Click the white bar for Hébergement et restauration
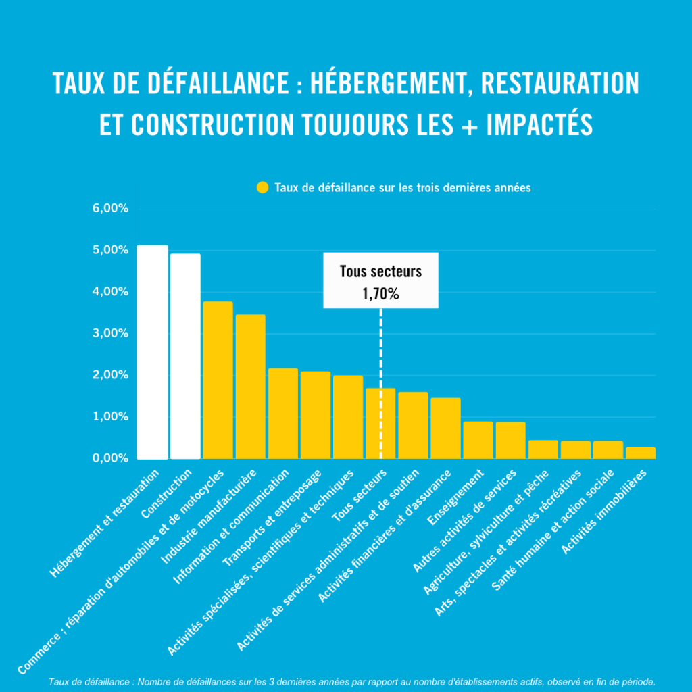pyautogui.click(x=153, y=351)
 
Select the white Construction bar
pyautogui.click(x=185, y=356)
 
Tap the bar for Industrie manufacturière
pyautogui.click(x=250, y=387)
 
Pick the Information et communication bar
pyautogui.click(x=282, y=413)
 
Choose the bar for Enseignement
pyautogui.click(x=478, y=440)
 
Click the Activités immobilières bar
pyautogui.click(x=640, y=453)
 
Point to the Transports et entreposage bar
pyautogui.click(x=315, y=415)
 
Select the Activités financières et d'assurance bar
pyautogui.click(x=445, y=428)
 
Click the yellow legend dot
pyautogui.click(x=262, y=188)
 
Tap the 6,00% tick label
pyautogui.click(x=110, y=209)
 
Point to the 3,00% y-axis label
pyautogui.click(x=110, y=333)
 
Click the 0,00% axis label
pyautogui.click(x=110, y=458)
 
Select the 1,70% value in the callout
pyautogui.click(x=380, y=294)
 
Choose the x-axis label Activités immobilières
pyautogui.click(x=605, y=514)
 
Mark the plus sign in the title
pyautogui.click(x=468, y=126)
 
